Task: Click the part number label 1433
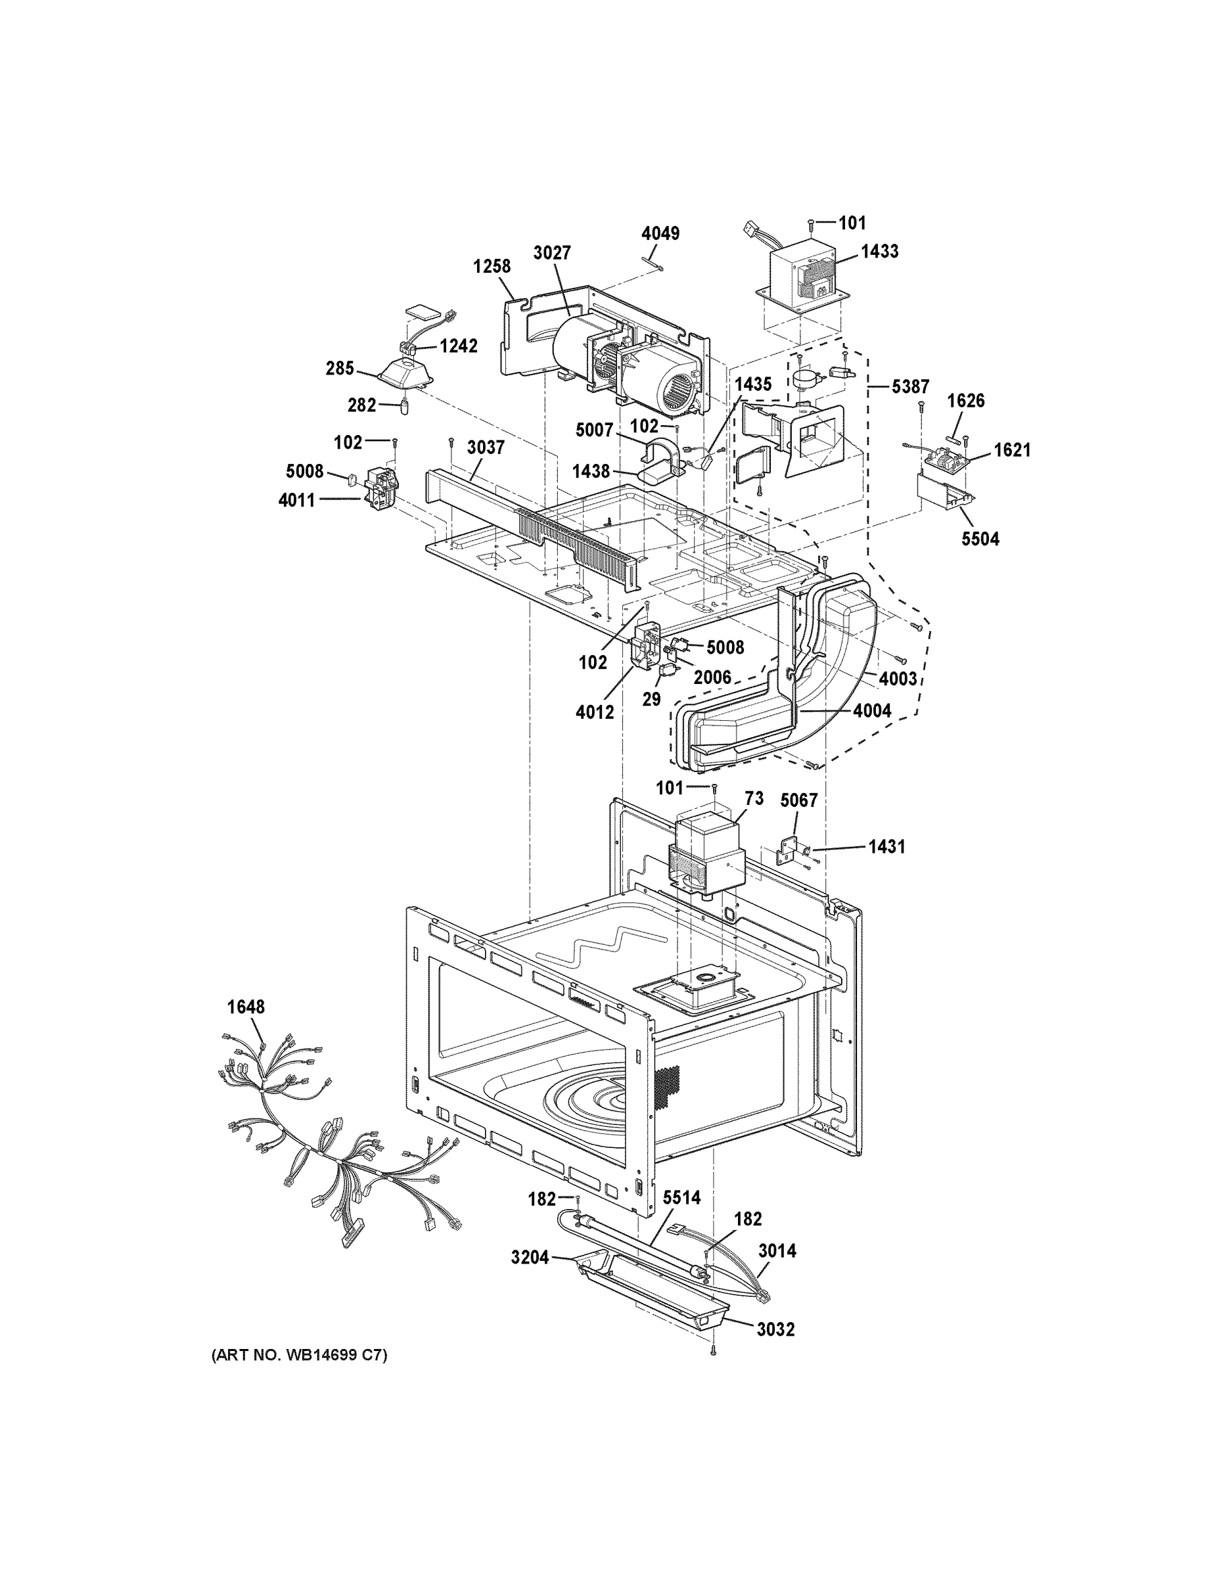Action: pos(880,251)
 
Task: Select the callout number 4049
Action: pos(660,233)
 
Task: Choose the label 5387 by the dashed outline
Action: pos(910,386)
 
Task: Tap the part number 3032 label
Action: pos(775,1329)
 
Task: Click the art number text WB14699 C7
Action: pos(299,1356)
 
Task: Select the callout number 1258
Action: pos(492,265)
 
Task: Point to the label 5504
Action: pos(980,539)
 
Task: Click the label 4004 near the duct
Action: pos(871,710)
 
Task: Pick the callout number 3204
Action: pos(530,1258)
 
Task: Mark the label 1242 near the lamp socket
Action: pos(459,346)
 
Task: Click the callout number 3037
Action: pos(485,447)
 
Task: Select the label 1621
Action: pos(1012,450)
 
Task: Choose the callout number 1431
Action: pos(886,846)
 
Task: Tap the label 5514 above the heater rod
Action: pos(681,1198)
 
